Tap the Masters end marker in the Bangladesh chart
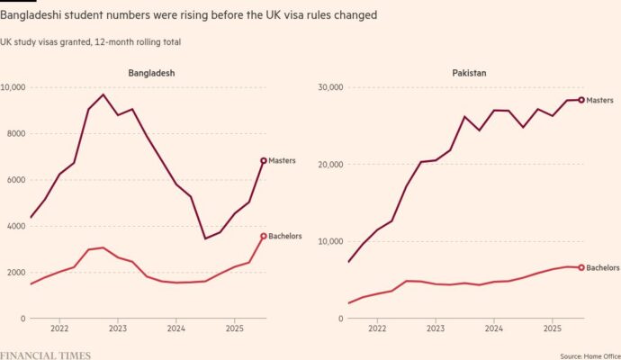[263, 160]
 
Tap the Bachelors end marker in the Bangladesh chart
[263, 237]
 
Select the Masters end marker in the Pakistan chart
[581, 100]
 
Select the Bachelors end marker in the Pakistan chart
[581, 267]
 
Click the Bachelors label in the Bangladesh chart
[284, 237]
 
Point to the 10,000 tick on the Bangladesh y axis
[17, 87]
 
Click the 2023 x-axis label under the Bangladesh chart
[117, 329]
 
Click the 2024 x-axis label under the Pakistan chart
[493, 329]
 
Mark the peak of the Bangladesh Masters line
[103, 94]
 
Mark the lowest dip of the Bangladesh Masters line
[205, 238]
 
